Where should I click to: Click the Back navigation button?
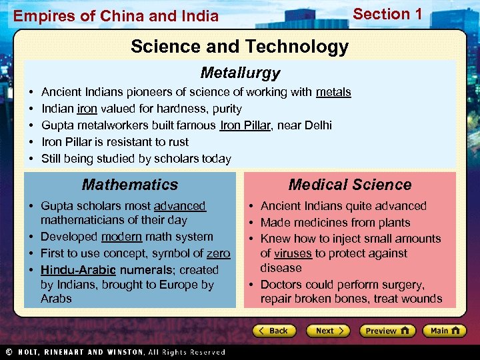(274, 331)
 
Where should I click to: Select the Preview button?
(387, 331)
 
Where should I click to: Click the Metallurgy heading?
(240, 73)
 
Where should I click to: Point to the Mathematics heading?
(130, 185)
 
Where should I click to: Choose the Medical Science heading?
(350, 185)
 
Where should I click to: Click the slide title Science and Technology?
(239, 47)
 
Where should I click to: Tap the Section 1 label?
(387, 14)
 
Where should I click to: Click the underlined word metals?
(333, 92)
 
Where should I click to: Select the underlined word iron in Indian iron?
(87, 109)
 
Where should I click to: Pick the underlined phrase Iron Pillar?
(245, 125)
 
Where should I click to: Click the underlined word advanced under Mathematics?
(180, 206)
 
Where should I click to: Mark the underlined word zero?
(218, 253)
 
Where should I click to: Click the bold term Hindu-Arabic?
(78, 270)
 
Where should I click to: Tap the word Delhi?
(316, 125)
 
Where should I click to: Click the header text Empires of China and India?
(116, 16)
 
